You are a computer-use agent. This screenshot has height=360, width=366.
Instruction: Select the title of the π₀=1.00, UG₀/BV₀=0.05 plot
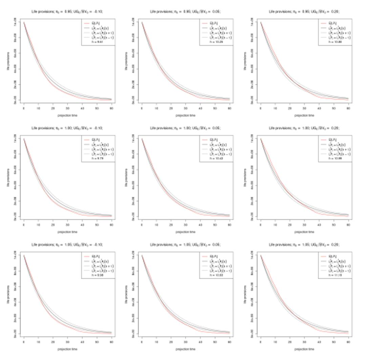pyautogui.click(x=185, y=128)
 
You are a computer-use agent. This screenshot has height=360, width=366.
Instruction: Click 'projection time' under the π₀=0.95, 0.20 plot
pyautogui.click(x=304, y=115)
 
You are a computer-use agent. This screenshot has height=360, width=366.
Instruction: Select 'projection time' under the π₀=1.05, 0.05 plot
pyautogui.click(x=185, y=349)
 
